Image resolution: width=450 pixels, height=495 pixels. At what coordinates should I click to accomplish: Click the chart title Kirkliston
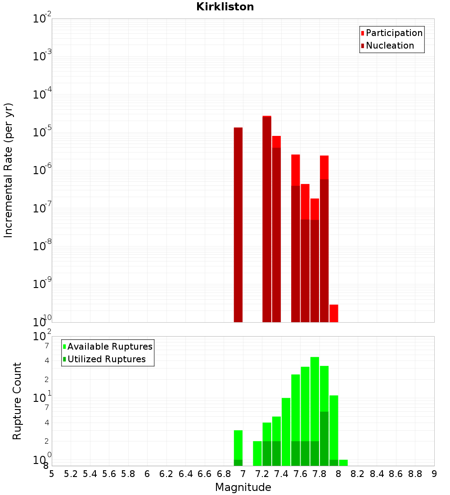click(225, 7)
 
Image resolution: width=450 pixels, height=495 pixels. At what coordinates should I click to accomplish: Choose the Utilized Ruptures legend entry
click(106, 359)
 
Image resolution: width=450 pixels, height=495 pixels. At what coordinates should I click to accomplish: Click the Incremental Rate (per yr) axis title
click(8, 171)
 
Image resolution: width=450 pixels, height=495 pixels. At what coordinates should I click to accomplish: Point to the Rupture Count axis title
click(17, 401)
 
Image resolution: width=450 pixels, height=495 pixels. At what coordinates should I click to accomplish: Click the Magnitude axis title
click(243, 487)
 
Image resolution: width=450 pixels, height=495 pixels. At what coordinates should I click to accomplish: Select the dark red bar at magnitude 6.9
click(238, 225)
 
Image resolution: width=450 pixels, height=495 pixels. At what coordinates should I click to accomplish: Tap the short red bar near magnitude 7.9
click(333, 313)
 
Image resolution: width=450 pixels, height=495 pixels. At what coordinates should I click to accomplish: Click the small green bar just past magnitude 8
click(343, 463)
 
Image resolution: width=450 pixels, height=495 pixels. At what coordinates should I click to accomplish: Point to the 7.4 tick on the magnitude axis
click(281, 473)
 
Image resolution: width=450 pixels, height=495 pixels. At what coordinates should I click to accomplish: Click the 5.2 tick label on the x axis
click(71, 473)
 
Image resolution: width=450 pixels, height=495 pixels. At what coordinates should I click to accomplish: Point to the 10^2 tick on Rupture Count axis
click(42, 337)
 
